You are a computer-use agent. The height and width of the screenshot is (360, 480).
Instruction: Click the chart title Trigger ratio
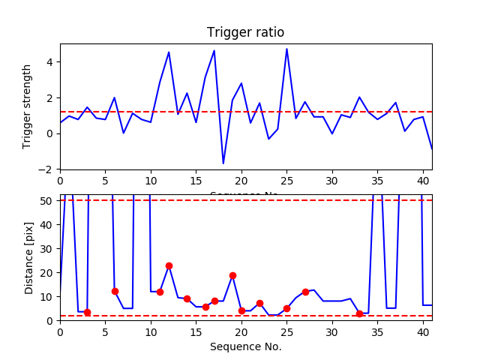pos(245,32)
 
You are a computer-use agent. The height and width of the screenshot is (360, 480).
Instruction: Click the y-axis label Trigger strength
pos(28,106)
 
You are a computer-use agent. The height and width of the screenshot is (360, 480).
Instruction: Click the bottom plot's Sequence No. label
pos(245,346)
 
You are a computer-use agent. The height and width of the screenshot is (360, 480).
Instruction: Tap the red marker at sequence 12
pos(169,265)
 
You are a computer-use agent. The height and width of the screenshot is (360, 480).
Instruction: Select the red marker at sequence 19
pos(232,275)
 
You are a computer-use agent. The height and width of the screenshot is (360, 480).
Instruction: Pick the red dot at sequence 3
pos(87,312)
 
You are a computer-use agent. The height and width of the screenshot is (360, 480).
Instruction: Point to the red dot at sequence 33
pos(359,313)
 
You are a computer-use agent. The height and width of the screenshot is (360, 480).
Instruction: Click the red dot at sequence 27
pos(305,292)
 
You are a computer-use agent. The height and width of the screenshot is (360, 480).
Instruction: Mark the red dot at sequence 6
pos(115,291)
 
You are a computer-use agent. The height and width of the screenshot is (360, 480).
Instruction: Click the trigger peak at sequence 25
pos(286,49)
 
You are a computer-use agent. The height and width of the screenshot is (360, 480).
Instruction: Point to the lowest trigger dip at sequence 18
pos(223,163)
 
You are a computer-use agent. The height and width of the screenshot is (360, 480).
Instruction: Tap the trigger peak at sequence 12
pos(169,52)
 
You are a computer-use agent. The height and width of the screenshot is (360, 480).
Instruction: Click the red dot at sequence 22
pos(259,303)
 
